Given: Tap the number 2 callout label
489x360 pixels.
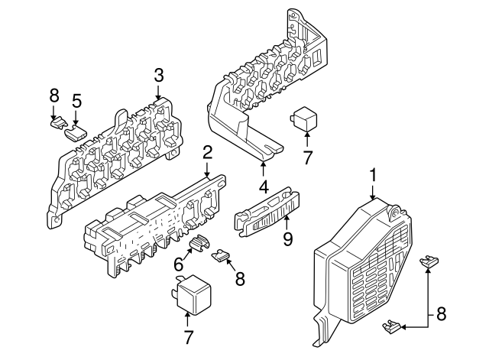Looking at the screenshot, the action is pos(207,154).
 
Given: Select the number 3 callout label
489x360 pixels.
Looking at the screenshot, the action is pos(158,76).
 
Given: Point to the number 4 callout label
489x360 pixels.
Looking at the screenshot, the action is pos(263,186).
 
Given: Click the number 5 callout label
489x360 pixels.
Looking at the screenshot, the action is pos(76,101).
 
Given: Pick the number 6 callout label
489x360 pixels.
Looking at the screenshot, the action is pos(179,265).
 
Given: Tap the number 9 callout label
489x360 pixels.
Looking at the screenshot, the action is pos(288,239).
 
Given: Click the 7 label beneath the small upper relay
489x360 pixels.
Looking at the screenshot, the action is pos(307,158).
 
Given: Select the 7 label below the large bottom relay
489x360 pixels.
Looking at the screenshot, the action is pos(187,338).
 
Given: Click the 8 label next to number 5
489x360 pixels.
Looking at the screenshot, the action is pos(54,96).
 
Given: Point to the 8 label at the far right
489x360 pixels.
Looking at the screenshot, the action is pos(442,314).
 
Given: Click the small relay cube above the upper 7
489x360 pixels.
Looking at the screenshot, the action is pos(303,119).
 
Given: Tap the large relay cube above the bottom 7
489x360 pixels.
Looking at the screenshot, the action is pos(190,294).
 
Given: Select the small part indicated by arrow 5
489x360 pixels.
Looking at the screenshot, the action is pos(76,133).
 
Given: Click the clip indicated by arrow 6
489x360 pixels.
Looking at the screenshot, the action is pos(200,242).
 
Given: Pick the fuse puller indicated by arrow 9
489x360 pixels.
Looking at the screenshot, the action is pos(267,212).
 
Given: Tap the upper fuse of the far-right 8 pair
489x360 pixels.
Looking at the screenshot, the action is pos(429,261).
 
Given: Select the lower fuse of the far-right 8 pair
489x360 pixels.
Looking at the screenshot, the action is pos(390,326).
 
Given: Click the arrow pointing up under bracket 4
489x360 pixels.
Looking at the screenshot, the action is pos(263,168).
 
